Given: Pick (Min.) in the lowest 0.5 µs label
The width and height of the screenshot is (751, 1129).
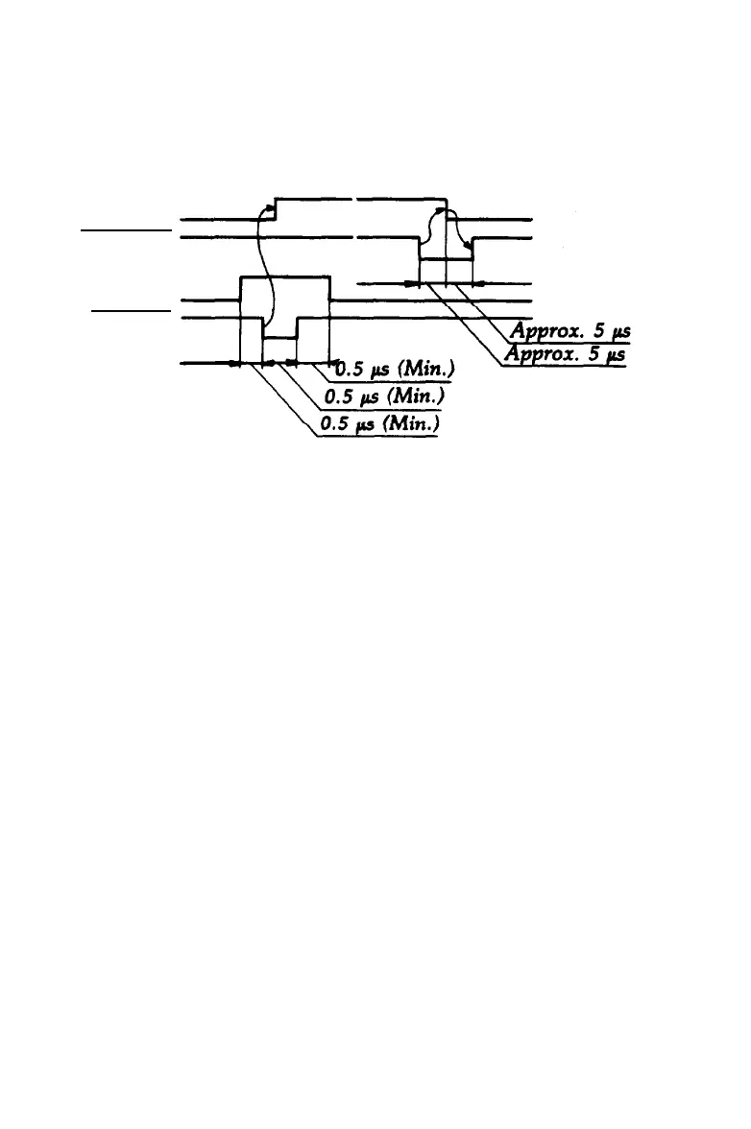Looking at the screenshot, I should (x=406, y=424).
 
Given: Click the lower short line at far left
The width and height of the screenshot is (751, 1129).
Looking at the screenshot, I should (x=129, y=311).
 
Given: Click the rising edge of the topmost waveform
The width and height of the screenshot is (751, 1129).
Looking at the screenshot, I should (x=276, y=208).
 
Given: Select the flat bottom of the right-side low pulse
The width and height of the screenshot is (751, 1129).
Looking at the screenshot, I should (x=446, y=259).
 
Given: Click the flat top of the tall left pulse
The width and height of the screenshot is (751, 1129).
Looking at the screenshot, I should (x=284, y=276).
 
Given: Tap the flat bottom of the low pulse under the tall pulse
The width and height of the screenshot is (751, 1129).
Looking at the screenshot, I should (x=280, y=339).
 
